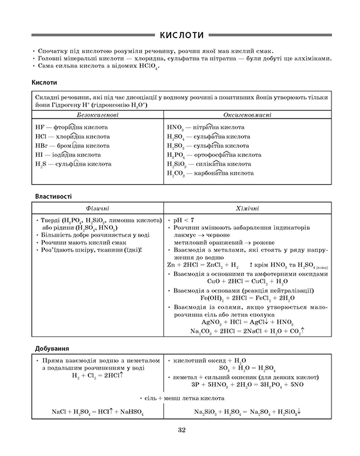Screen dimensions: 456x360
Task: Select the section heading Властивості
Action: pyautogui.click(x=53, y=196)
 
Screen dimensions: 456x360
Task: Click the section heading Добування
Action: pyautogui.click(x=51, y=348)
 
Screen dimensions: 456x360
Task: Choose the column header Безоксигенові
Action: pyautogui.click(x=97, y=115)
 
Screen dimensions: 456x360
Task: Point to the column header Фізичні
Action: pyautogui.click(x=97, y=208)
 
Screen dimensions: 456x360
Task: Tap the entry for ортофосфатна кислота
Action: pyautogui.click(x=214, y=154)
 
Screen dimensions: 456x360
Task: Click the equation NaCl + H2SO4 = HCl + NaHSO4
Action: pyautogui.click(x=97, y=412)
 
